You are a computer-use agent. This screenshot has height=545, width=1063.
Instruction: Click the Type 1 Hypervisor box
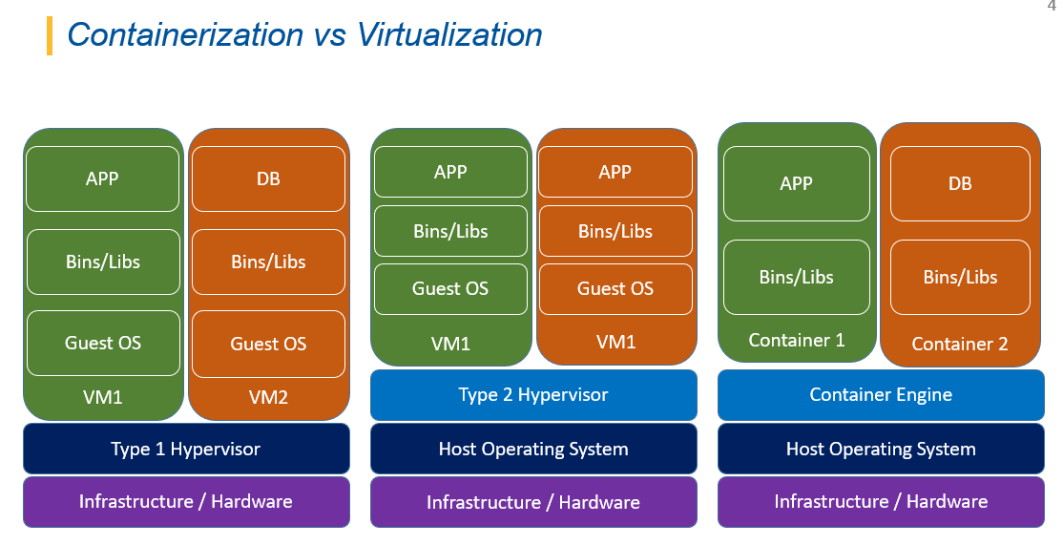point(186,449)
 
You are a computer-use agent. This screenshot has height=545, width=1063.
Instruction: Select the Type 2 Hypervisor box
point(533,394)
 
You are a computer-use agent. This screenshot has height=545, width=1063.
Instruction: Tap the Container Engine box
point(881,394)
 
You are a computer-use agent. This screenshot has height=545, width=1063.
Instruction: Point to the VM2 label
point(268,397)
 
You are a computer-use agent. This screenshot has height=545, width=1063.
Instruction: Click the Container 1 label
point(797,341)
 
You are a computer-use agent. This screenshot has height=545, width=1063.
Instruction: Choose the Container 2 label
point(960,345)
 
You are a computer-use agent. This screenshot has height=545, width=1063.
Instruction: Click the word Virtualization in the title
point(449,34)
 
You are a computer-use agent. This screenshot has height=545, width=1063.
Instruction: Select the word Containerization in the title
point(185,34)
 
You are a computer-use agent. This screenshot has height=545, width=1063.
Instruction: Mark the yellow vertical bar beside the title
point(50,35)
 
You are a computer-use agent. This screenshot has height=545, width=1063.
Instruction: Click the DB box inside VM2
point(268,178)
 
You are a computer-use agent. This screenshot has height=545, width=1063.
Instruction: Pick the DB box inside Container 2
point(960,183)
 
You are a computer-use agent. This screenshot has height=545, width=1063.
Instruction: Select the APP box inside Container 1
point(797,183)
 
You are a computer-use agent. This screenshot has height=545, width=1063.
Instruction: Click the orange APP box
point(615,172)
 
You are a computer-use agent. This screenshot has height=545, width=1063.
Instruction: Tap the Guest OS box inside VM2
point(268,344)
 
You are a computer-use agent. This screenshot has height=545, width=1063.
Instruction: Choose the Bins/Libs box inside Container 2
point(960,277)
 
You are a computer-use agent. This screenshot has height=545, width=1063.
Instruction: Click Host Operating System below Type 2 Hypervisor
point(533,449)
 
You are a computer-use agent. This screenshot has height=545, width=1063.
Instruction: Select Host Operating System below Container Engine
point(881,449)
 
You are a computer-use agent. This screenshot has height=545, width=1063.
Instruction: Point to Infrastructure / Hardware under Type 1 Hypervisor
point(186,502)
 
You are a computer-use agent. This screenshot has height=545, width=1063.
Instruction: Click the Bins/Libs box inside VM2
point(268,262)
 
